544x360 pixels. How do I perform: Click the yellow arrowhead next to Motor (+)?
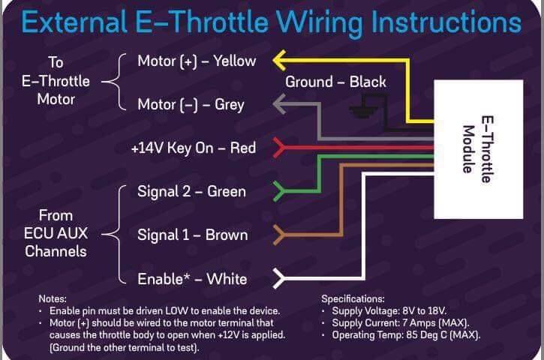pos(279,60)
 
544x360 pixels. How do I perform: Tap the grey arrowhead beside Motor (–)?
pos(279,103)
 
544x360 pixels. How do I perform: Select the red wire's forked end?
pos(279,148)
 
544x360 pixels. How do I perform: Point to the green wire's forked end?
pos(279,190)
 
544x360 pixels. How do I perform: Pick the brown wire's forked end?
pos(279,235)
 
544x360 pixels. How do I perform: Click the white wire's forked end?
pos(279,278)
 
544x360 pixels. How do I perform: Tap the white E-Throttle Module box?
pos(479,149)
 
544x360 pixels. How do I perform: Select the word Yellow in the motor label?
pos(235,61)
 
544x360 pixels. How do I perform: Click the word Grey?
pos(230,105)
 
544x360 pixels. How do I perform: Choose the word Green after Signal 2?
pos(226,191)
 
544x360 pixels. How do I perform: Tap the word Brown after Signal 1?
pos(227,235)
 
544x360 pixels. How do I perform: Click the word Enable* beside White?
pos(164,279)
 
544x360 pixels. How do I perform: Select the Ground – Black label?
pos(335,82)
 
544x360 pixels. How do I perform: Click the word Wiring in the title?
pos(320,23)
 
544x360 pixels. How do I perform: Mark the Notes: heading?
pos(53,298)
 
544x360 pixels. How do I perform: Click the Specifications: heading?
pos(353,298)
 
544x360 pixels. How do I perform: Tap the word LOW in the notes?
pos(177,310)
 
